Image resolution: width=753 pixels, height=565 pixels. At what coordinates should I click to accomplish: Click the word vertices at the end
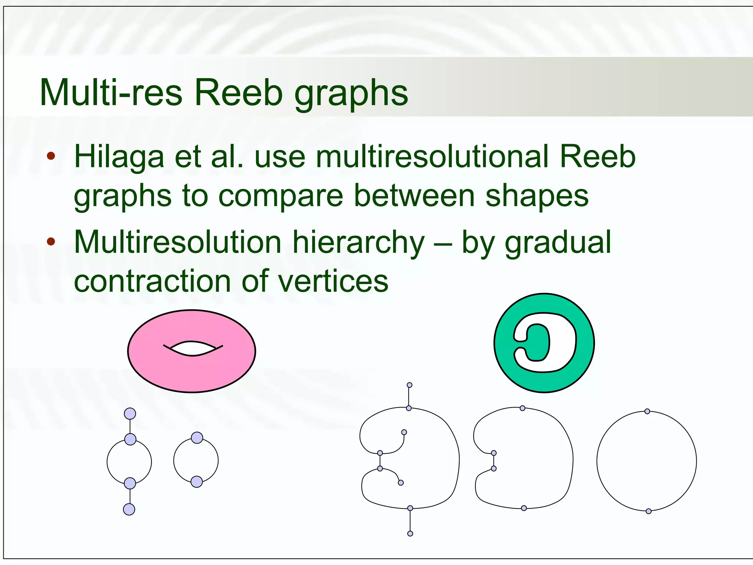(333, 281)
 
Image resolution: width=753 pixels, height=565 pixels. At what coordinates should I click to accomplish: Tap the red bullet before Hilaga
(51, 156)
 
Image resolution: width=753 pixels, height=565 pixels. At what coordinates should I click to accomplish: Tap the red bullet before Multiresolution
(51, 242)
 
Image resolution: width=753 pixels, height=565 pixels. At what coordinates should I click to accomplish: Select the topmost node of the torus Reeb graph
(130, 413)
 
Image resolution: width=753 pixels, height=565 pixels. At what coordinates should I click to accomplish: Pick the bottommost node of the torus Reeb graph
(129, 509)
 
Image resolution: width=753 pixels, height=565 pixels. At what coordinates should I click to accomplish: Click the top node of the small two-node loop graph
(197, 438)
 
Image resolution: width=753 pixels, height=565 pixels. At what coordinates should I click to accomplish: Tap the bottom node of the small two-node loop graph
(197, 482)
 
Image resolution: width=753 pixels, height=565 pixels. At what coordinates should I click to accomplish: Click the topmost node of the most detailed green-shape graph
(410, 385)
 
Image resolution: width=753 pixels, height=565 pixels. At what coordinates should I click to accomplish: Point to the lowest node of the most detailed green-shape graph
(410, 533)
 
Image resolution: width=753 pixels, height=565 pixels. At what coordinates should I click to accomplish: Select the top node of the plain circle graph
(647, 411)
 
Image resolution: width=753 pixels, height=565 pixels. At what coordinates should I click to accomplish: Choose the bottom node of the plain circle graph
(649, 511)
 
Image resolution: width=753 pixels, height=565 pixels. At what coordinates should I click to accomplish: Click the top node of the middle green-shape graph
(522, 408)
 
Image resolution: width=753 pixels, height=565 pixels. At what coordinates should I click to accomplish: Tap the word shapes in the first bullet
(537, 196)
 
